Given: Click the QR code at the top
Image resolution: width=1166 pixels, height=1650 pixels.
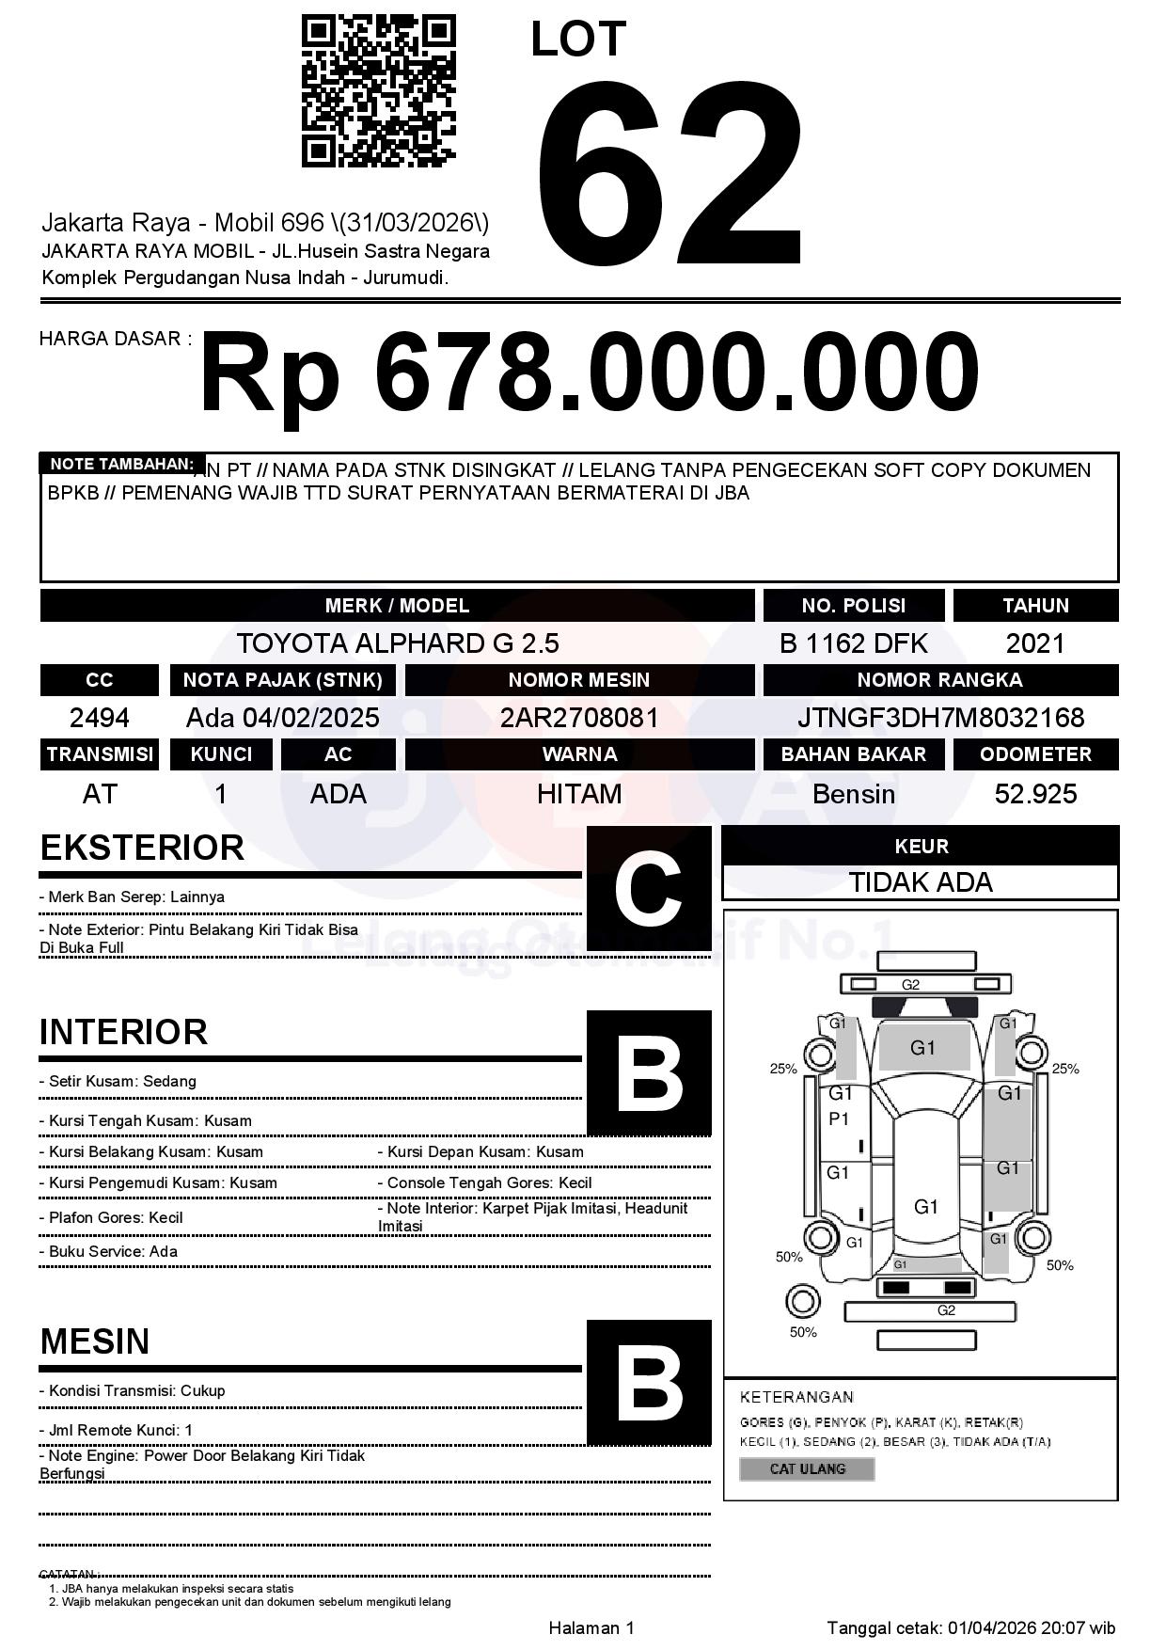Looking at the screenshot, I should [378, 91].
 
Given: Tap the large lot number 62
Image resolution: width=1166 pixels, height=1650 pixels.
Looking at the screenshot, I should [670, 174].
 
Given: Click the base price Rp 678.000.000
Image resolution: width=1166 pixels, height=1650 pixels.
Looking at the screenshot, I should [589, 373].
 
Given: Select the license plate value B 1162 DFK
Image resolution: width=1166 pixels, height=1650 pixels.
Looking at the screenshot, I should [853, 643].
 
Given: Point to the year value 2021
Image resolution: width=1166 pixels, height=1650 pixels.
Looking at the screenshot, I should [1035, 643].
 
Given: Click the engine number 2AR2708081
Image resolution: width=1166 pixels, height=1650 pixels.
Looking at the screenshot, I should [579, 718].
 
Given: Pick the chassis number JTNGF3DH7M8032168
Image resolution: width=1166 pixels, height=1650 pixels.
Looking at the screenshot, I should [940, 718].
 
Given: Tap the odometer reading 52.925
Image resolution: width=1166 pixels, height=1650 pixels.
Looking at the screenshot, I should [1035, 794].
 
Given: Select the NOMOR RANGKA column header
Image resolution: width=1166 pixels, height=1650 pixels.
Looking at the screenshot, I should [940, 679].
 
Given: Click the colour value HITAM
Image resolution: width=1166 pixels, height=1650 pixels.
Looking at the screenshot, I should [579, 794].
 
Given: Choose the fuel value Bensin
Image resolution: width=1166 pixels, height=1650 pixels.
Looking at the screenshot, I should [853, 794].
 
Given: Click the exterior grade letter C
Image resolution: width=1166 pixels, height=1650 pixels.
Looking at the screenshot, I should [649, 888].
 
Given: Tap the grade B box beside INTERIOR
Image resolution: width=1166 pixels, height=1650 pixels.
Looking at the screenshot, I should [649, 1072].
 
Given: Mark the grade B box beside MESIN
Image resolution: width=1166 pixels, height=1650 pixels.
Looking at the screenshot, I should [649, 1382].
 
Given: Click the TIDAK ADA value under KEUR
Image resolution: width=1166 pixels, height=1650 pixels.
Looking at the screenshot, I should [921, 882].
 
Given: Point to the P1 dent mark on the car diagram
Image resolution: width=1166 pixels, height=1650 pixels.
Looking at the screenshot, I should [839, 1119].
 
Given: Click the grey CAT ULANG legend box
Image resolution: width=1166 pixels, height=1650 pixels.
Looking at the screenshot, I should [807, 1468].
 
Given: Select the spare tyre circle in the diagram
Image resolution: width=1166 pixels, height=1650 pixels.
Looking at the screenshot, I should [802, 1302].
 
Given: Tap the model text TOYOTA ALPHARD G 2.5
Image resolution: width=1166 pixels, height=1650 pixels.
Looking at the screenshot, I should [398, 643].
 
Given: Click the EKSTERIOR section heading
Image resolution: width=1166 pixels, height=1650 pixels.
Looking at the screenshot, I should [142, 848].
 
